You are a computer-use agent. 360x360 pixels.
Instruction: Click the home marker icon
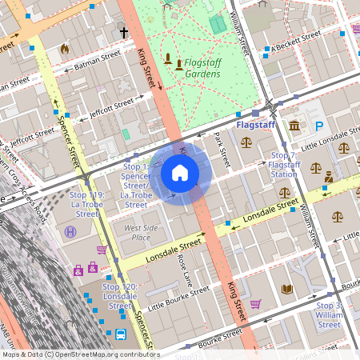pyautogui.click(x=180, y=172)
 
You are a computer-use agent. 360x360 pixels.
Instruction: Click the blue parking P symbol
pyautogui.click(x=319, y=126)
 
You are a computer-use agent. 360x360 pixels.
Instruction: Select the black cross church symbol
pyautogui.click(x=124, y=33)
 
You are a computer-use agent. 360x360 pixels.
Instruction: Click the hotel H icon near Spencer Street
pyautogui.click(x=70, y=231)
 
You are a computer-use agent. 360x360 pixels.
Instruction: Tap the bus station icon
pyautogui.click(x=120, y=334)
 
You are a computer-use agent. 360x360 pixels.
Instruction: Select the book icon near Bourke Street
pyautogui.click(x=286, y=289)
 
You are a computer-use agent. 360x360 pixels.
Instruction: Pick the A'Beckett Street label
pyautogui.click(x=295, y=39)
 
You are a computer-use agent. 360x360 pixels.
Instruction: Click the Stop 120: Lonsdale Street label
pyautogui.click(x=119, y=296)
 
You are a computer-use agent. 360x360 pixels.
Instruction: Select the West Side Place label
pyautogui.click(x=130, y=232)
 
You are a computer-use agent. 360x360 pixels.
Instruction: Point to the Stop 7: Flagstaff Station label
pyautogui.click(x=283, y=164)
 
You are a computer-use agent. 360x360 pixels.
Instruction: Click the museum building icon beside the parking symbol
pyautogui.click(x=295, y=126)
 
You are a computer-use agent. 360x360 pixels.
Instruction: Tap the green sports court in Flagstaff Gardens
pyautogui.click(x=217, y=25)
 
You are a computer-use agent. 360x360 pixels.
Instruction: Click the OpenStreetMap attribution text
pyautogui.click(x=80, y=354)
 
